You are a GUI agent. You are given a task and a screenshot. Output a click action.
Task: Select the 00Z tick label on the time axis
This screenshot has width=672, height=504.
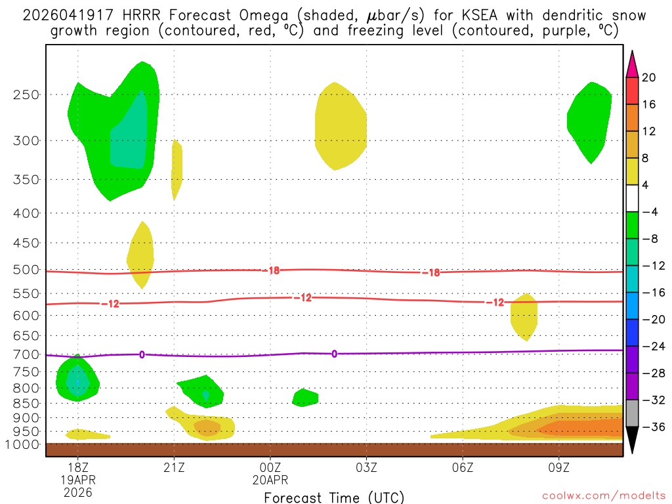270,467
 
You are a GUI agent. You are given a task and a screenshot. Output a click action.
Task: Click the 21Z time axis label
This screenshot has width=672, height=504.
174,467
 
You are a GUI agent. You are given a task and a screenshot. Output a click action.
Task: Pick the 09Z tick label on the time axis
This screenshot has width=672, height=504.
559,467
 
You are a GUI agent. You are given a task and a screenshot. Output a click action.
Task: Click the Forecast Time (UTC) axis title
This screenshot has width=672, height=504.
334,497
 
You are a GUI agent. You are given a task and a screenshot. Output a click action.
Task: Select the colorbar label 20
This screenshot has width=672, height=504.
648,78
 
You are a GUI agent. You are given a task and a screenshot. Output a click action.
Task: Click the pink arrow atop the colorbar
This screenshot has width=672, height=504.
632,64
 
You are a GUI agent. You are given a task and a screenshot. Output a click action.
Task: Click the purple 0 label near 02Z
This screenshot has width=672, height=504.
334,354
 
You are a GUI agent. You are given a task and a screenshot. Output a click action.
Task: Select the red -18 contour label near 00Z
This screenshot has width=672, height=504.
274,270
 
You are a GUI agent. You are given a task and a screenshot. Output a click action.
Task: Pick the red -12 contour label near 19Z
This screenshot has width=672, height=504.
110,304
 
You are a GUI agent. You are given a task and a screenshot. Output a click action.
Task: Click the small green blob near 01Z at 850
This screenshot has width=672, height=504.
304,398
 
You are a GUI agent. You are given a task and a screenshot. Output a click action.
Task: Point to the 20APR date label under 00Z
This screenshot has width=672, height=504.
270,480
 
